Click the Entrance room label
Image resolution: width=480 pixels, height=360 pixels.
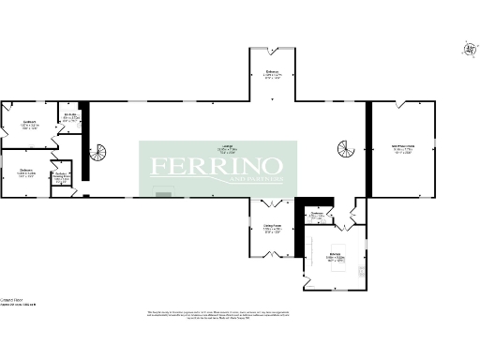273,74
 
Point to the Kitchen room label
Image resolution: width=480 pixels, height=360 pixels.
336,255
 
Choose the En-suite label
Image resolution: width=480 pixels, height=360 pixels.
70,116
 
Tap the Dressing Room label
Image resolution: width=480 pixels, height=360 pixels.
61,177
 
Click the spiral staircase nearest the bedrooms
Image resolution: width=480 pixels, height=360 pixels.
98,150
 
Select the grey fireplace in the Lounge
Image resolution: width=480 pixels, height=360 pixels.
164,193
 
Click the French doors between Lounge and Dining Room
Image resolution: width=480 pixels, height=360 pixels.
272,202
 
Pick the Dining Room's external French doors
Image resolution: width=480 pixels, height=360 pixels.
272,259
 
